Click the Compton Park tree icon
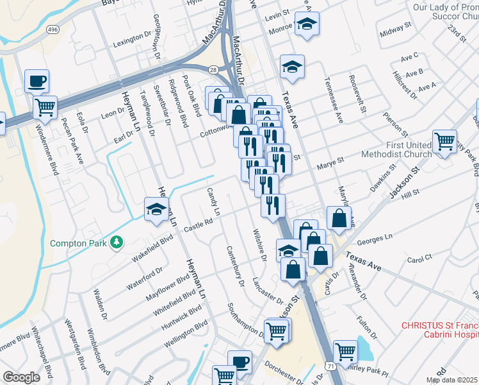(x=117, y=242)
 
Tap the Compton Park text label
(x=78, y=243)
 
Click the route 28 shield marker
(x=213, y=69)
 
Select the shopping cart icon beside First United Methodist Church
(x=444, y=141)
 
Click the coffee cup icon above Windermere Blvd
(x=37, y=81)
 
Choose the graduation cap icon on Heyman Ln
(x=156, y=209)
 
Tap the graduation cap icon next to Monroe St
(x=307, y=24)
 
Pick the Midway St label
(x=395, y=30)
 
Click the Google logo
(x=22, y=377)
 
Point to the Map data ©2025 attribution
(x=452, y=380)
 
